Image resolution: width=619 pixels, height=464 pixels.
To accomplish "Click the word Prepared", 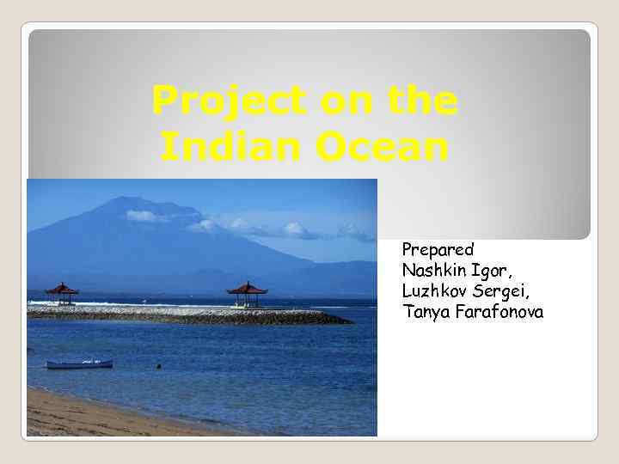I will [438, 250].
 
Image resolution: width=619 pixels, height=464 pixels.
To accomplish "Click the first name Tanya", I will [423, 312].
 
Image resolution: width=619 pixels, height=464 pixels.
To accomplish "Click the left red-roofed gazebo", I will [61, 292].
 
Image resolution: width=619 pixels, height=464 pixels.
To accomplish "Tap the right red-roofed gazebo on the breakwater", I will [248, 292].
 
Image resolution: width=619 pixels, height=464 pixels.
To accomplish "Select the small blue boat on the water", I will [79, 364].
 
